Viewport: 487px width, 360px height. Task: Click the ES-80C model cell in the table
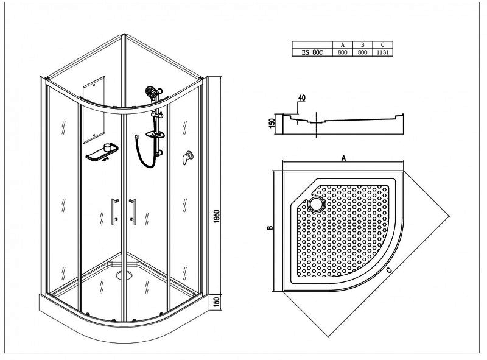point(312,52)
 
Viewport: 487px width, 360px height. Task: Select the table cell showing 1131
point(383,52)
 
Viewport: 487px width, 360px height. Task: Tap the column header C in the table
point(383,45)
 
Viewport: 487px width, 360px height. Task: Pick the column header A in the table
point(342,45)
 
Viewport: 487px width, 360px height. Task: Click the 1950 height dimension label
point(217,216)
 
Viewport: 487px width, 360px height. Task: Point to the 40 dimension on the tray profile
point(301,97)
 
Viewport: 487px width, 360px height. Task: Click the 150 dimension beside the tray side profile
point(272,123)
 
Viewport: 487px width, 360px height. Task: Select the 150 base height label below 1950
point(217,302)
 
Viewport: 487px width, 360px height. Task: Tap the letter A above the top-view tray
point(343,158)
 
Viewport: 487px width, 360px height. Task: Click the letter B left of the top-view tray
point(270,228)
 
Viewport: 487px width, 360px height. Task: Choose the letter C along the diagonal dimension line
point(390,270)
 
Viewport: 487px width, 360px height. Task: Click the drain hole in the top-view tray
point(316,204)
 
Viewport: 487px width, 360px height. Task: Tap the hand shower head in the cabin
point(151,92)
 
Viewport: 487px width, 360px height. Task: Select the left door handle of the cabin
point(114,212)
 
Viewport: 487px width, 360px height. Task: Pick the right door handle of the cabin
point(133,212)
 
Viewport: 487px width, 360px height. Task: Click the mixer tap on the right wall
point(187,157)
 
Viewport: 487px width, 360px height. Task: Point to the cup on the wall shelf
point(108,147)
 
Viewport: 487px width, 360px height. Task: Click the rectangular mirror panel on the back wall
point(94,110)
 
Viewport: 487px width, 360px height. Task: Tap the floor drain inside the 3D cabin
point(124,275)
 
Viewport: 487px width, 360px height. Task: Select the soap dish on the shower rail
point(155,134)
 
